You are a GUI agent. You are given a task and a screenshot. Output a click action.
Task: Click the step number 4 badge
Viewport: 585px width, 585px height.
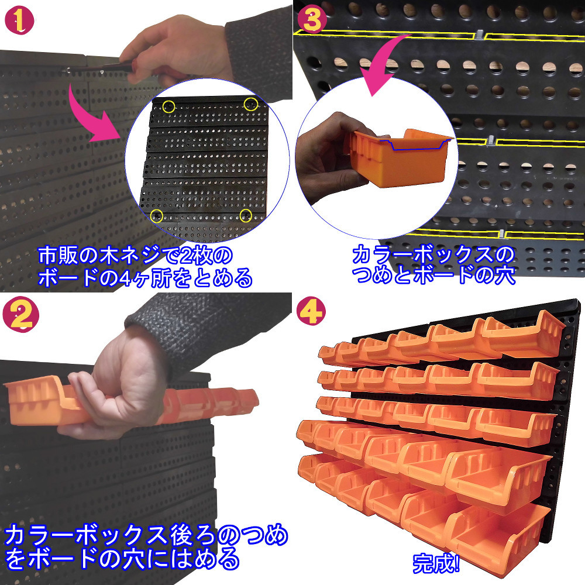pos(311,314)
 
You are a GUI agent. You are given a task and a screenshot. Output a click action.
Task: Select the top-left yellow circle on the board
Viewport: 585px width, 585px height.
pos(169,106)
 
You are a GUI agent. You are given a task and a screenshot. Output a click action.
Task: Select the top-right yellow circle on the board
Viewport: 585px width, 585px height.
pos(250,104)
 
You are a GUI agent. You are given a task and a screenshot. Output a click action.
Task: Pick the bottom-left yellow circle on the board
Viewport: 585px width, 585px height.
pos(156,216)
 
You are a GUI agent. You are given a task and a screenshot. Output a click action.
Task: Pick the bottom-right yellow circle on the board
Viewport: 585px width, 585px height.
pos(246,215)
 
